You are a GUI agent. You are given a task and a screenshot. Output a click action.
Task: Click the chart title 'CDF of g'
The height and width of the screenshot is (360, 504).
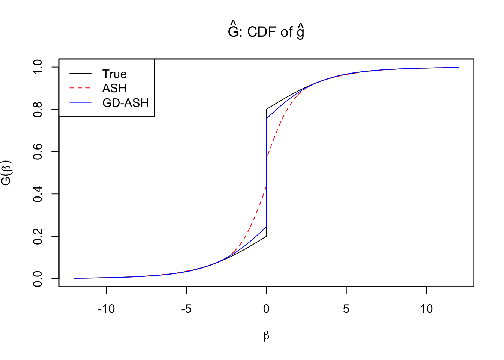click(266, 32)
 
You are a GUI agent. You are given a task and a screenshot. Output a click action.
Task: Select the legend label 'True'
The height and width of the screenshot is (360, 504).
click(114, 74)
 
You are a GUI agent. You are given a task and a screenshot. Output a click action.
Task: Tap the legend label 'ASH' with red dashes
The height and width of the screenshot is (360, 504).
click(114, 88)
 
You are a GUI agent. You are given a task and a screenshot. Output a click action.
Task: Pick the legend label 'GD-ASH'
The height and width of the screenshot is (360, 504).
click(125, 103)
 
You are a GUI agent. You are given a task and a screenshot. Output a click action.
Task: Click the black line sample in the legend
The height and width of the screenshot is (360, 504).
click(81, 74)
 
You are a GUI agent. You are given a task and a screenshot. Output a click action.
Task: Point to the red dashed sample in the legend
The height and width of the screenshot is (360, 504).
click(81, 88)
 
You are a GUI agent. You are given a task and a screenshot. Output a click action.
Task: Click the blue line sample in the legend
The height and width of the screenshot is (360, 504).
click(81, 102)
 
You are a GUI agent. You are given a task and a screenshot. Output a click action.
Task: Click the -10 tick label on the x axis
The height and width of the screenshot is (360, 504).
click(106, 309)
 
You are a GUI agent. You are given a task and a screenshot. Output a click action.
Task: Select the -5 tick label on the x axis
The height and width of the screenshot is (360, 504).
click(186, 309)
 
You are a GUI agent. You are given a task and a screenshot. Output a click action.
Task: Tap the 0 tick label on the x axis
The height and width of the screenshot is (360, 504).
click(266, 309)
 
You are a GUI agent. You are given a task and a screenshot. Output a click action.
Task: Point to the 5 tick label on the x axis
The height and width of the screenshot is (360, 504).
click(346, 309)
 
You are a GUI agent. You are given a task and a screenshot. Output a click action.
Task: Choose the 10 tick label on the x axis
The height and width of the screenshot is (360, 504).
click(426, 309)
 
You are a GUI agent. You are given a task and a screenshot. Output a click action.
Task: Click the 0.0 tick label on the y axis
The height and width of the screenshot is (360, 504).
click(38, 279)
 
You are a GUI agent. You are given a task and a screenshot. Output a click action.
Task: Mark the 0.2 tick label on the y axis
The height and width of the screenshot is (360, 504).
click(38, 236)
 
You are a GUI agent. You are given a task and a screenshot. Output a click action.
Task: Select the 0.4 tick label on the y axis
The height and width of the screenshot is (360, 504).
click(38, 194)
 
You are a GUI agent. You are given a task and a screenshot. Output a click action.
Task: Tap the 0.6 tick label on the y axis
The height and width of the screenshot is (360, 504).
click(38, 151)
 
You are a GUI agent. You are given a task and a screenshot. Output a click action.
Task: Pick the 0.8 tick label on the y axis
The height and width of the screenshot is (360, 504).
click(38, 109)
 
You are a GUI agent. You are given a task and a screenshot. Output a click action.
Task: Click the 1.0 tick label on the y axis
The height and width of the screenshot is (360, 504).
click(38, 67)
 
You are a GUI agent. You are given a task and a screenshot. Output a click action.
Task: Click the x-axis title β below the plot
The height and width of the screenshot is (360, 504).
click(266, 336)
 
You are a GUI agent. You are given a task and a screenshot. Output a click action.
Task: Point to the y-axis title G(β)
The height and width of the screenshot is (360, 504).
click(7, 173)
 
